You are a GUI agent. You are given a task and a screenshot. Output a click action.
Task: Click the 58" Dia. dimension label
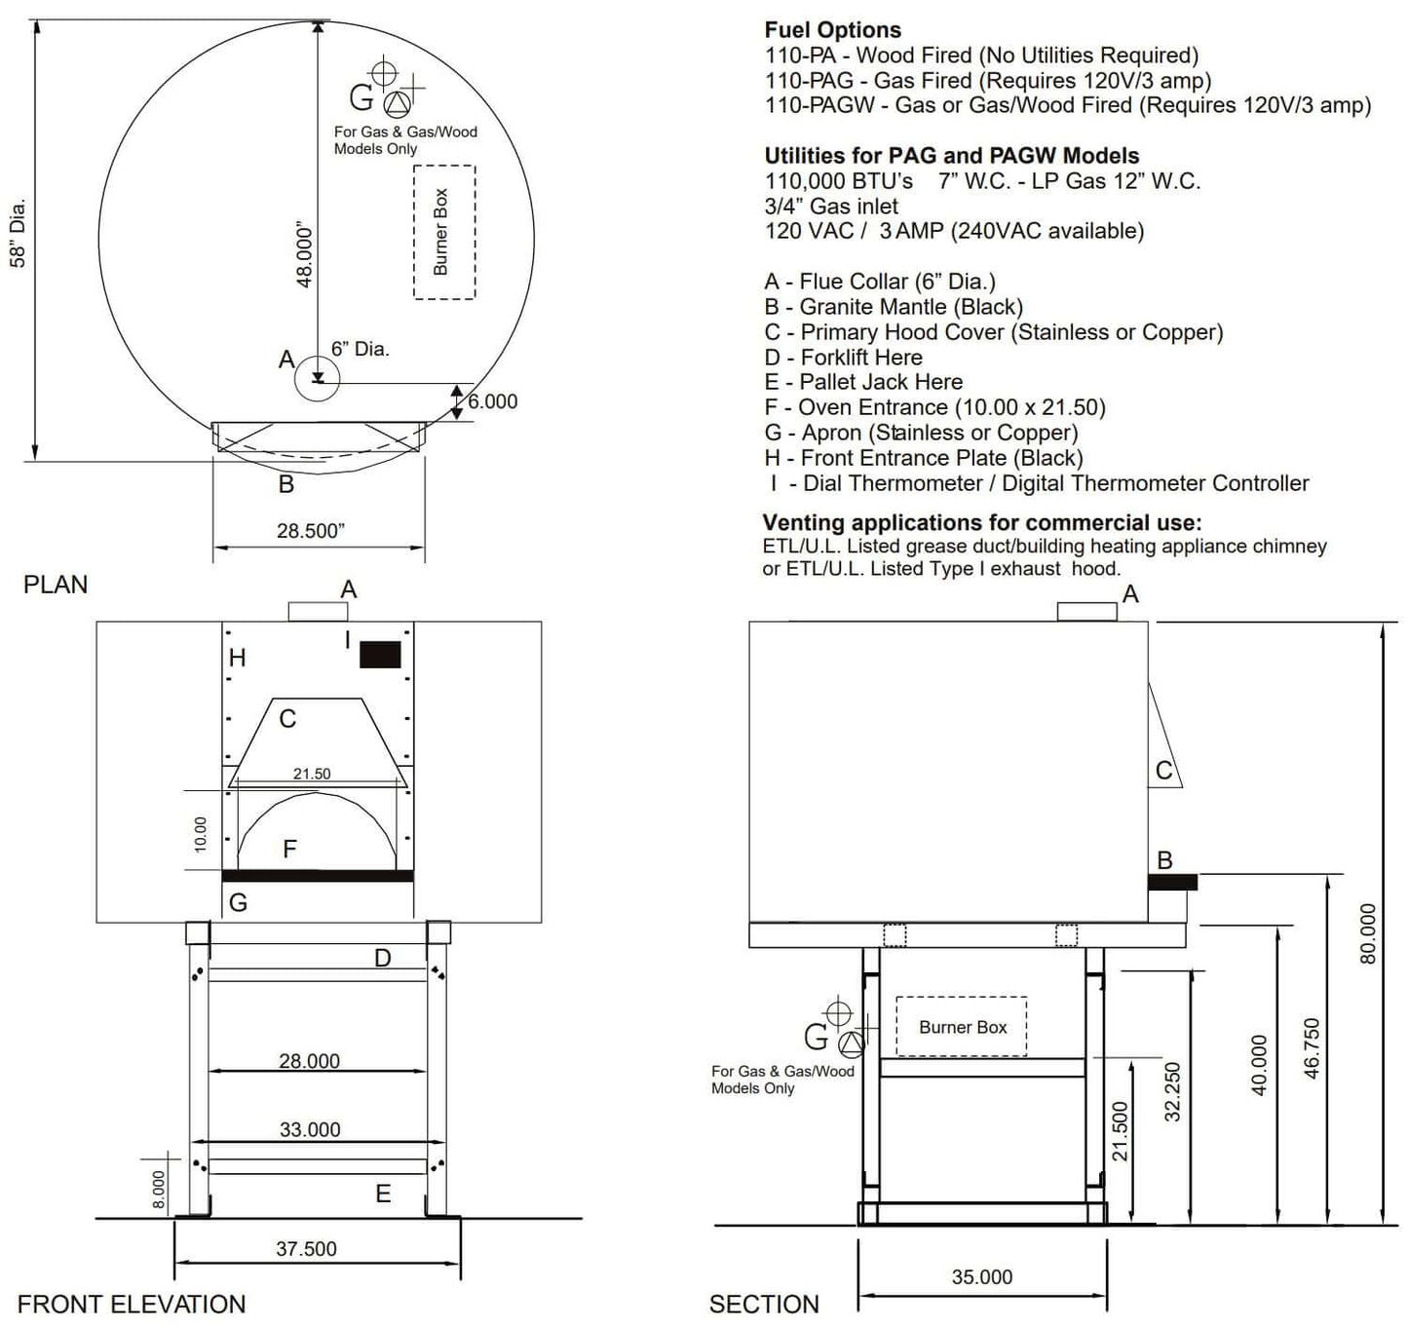point(18,233)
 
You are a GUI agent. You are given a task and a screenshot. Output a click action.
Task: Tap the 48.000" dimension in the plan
point(304,255)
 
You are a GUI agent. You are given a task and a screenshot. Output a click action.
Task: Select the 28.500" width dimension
point(310,531)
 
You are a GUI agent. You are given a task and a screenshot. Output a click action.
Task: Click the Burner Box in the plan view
point(443,232)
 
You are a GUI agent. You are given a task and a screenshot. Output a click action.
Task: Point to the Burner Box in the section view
point(962,1027)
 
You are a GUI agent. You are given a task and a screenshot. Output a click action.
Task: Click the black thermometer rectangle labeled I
point(380,654)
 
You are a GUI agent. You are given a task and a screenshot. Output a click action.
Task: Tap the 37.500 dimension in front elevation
point(306,1249)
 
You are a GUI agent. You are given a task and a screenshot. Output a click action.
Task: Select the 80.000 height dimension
point(1368,933)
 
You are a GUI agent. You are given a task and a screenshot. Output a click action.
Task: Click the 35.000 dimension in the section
point(981,1277)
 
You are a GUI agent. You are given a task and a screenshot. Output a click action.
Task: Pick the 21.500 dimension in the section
point(1121,1131)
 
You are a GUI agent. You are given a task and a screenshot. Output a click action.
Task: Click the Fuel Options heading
point(832,30)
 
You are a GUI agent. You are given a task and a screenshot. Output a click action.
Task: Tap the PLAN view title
point(56,585)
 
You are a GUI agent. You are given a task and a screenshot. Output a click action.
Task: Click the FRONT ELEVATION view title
point(132,1305)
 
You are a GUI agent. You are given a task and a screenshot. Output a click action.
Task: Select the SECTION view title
point(764,1305)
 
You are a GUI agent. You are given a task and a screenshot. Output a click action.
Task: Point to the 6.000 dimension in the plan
point(492,401)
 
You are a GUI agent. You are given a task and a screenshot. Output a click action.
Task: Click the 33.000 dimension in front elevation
point(310,1130)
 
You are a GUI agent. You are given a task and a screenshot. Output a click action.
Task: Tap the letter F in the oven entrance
point(289,850)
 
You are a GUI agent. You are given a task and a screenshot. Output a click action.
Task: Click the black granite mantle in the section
point(1172,882)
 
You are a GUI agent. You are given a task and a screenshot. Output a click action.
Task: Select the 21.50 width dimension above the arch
point(312,774)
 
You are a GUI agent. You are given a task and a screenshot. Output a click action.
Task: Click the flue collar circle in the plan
point(317,378)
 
